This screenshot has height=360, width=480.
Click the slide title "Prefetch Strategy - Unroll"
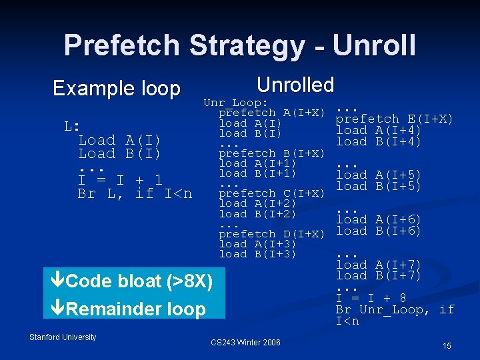[239, 45]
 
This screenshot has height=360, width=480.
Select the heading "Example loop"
[117, 88]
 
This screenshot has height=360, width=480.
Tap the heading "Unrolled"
[295, 85]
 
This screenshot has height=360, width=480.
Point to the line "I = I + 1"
[120, 180]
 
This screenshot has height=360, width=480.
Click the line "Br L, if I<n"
[135, 194]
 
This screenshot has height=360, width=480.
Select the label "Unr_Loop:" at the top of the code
[236, 103]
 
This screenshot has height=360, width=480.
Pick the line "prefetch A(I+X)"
[271, 113]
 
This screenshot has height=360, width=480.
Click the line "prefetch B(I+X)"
[271, 153]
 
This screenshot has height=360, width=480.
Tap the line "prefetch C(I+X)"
[271, 193]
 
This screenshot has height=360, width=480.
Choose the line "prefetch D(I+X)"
[271, 234]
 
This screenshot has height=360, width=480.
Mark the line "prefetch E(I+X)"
[395, 119]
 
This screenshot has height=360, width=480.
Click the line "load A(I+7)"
[379, 265]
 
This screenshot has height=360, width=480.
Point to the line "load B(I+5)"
[379, 187]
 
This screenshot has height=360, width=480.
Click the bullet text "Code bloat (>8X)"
[139, 282]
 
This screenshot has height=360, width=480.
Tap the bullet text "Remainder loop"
[136, 309]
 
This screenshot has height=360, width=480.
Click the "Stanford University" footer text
[63, 337]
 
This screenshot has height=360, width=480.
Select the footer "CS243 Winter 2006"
[245, 343]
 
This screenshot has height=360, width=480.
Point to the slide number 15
[447, 346]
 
